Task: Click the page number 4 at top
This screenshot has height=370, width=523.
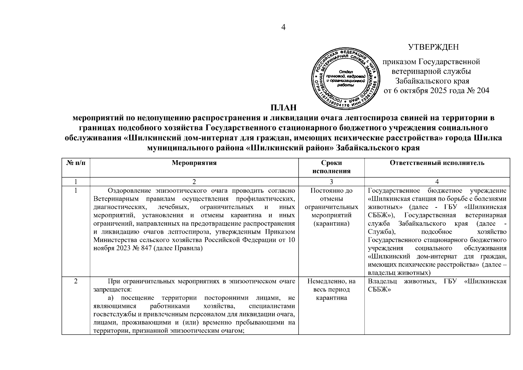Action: [x=284, y=27]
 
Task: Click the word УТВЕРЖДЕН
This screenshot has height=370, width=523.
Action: [x=433, y=47]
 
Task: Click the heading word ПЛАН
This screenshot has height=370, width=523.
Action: [x=284, y=108]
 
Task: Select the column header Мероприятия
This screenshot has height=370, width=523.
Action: [x=194, y=163]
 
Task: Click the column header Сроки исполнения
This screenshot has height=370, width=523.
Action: [x=331, y=167]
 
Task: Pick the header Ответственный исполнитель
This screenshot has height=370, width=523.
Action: [x=437, y=163]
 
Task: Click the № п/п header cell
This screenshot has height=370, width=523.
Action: [x=76, y=163]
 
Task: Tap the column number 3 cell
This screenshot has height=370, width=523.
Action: [x=331, y=182]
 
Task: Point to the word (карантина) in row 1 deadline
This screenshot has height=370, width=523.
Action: [x=331, y=224]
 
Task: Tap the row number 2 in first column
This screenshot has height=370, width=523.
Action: [x=76, y=281]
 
